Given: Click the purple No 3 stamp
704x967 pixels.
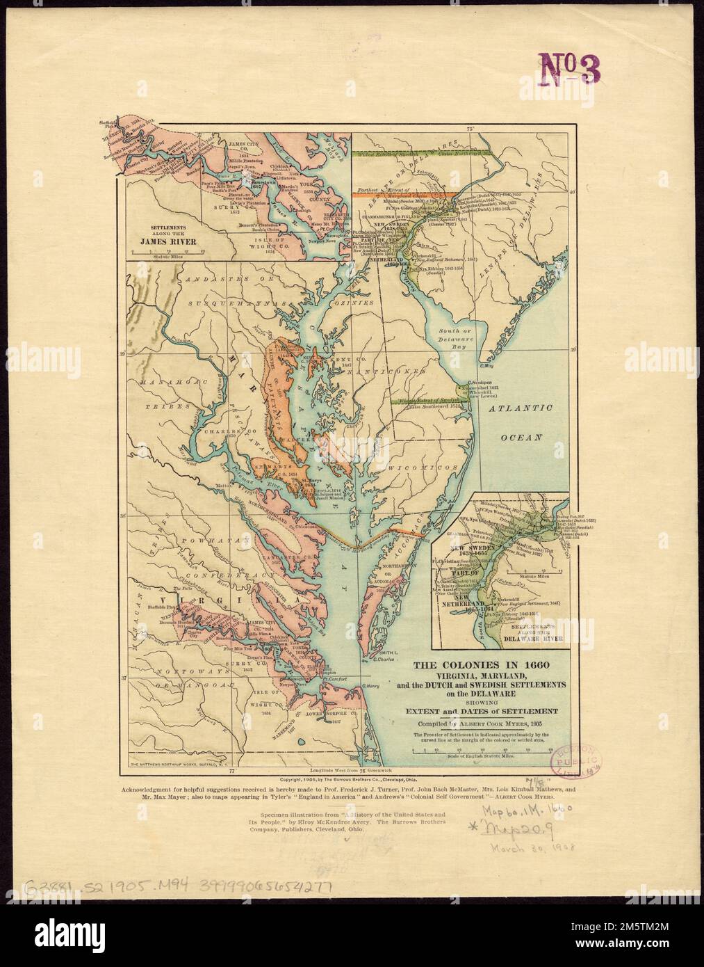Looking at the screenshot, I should coord(569,67).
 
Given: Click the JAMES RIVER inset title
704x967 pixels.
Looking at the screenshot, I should coord(173,241).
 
